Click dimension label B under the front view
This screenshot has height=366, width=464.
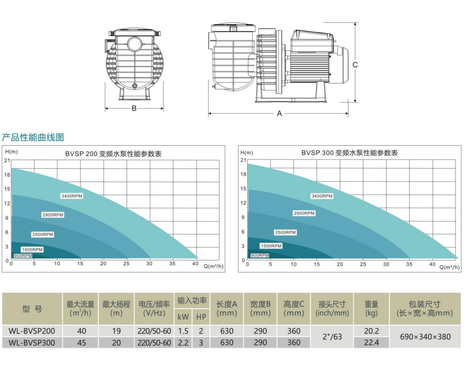click(134, 108)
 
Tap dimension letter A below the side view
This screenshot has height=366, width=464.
click(279, 113)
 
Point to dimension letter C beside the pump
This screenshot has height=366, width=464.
click(355, 65)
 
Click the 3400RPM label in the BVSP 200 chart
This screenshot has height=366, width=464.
click(71, 196)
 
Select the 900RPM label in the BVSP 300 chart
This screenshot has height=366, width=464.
click(260, 255)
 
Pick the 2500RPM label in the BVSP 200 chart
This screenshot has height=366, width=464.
click(43, 234)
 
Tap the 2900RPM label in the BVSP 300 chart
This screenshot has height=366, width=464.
click(304, 213)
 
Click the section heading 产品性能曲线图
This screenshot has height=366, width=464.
click(33, 137)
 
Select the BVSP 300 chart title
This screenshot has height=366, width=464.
click(349, 153)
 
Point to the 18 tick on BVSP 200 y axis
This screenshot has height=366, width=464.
click(7, 175)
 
